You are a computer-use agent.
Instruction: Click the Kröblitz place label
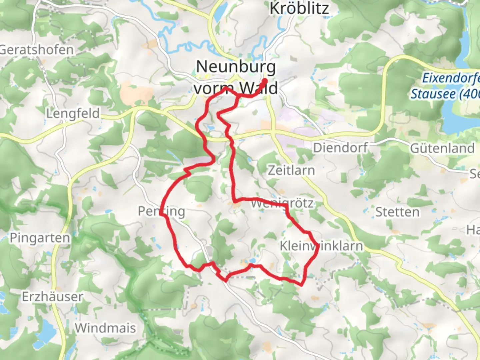coord(299,8)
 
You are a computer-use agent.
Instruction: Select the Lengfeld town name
coord(73,113)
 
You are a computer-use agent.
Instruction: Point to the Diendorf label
coord(340,148)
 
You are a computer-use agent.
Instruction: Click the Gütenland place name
coord(442,148)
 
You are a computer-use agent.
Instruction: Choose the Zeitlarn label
coord(291,170)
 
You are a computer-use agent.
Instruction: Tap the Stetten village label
coord(397,212)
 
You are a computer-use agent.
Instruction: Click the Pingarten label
coord(40,238)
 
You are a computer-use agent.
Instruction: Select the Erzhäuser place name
coord(52,297)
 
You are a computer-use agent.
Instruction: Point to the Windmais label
coord(105,328)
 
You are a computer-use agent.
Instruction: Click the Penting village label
coord(161,211)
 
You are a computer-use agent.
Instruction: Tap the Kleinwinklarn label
coord(321,246)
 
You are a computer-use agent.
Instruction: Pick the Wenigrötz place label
coord(282,203)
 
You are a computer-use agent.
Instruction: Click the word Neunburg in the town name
coord(236,67)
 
